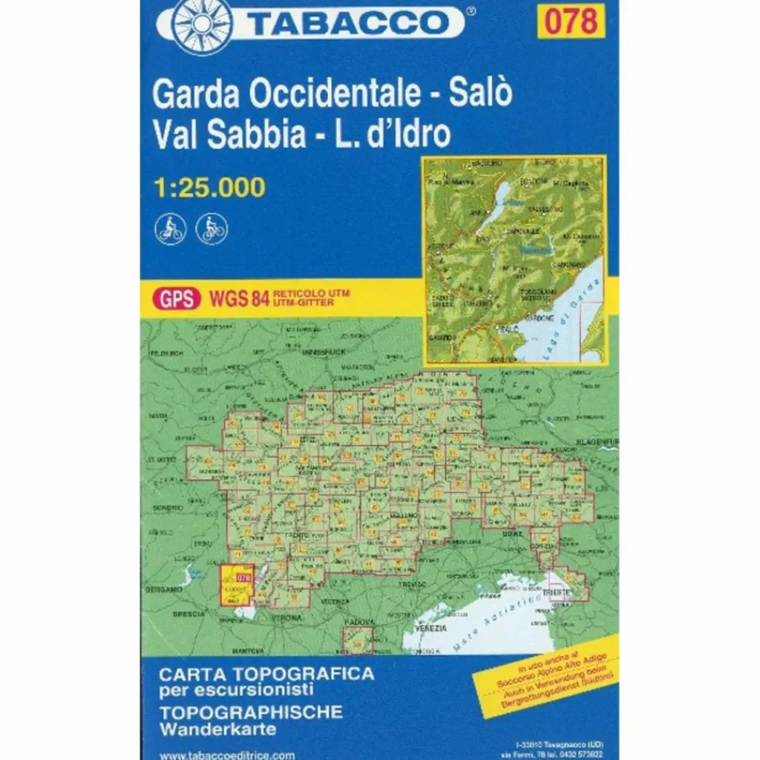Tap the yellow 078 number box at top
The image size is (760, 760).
click(571, 21)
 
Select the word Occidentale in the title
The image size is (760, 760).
click(335, 94)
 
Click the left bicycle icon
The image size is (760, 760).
click(170, 228)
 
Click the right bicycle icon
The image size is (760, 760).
click(212, 228)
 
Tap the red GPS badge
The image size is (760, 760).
click(177, 299)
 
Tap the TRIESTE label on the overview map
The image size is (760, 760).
click(557, 592)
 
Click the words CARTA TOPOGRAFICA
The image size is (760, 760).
click(266, 675)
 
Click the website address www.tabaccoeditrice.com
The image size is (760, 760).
click(227, 755)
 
